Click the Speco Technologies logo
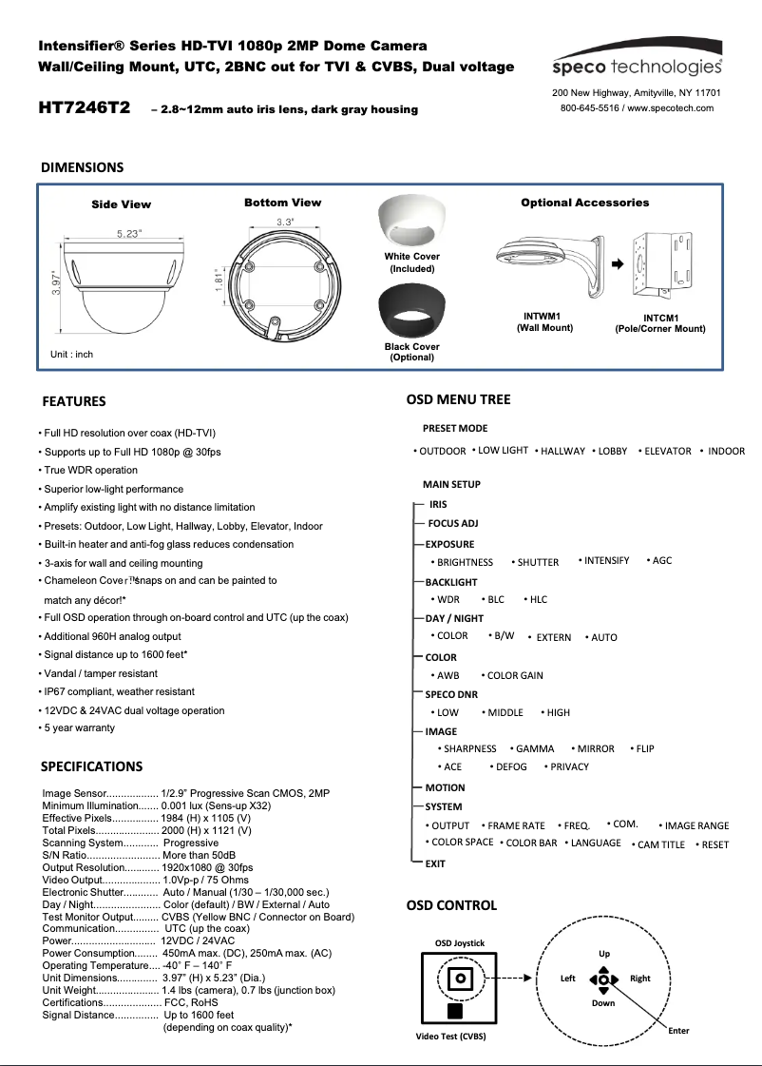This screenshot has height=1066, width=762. [638, 67]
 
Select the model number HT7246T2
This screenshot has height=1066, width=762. [85, 107]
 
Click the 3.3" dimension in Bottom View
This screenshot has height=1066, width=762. [284, 222]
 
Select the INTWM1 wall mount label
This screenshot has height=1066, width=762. [542, 316]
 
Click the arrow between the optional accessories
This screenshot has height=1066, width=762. [616, 263]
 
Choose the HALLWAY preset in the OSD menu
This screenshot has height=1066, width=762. [562, 452]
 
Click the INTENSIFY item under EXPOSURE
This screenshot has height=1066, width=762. [606, 561]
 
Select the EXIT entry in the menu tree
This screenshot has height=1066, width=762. [435, 864]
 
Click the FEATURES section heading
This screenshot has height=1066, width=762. [74, 401]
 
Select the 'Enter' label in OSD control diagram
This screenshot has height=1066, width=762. [678, 1031]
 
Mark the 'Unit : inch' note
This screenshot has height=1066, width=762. [72, 355]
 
